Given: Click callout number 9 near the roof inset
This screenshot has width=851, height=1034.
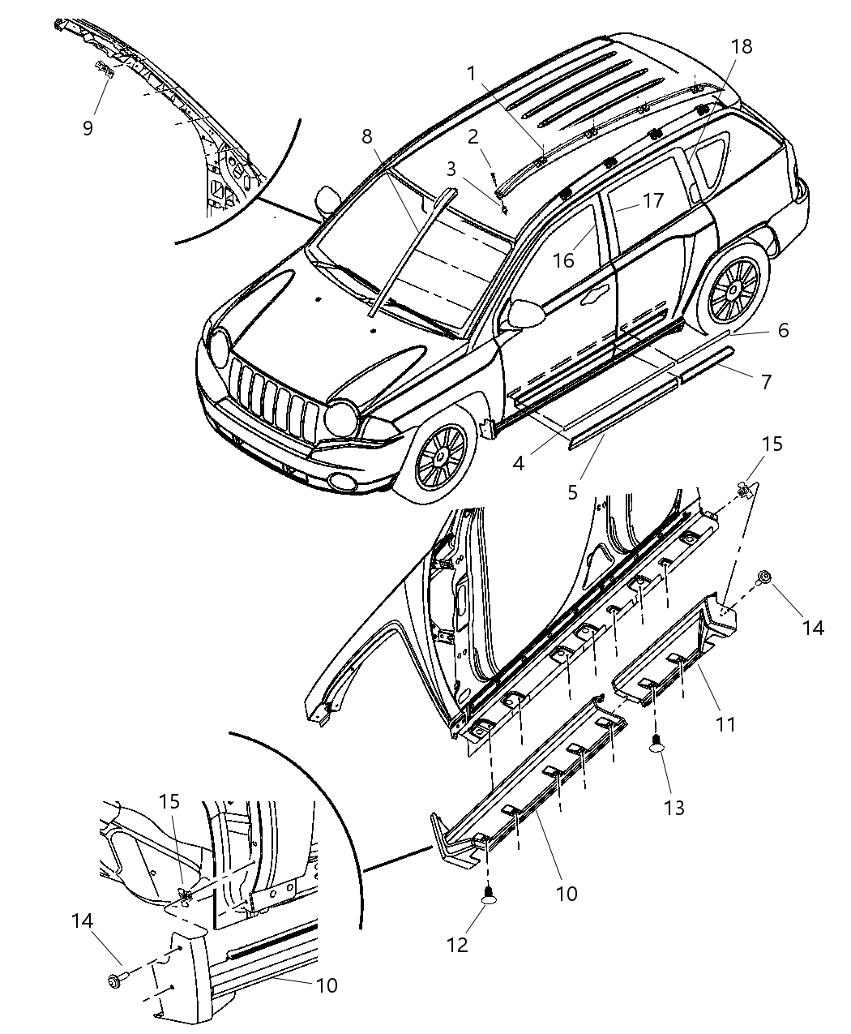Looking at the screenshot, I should [x=88, y=127].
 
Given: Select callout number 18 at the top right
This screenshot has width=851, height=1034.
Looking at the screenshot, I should [x=741, y=47].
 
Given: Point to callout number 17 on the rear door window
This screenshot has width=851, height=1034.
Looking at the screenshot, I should [x=653, y=200].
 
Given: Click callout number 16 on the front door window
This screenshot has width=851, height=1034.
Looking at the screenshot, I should [x=563, y=260].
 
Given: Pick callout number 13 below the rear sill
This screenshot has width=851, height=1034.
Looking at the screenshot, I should [x=674, y=807].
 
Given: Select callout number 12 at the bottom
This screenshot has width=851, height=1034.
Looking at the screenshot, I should [x=457, y=945].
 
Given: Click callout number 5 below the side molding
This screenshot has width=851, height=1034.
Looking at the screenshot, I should [x=573, y=492].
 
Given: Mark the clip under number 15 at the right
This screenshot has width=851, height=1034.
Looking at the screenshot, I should [x=745, y=490].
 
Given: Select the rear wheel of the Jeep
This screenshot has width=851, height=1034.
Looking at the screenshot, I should [x=734, y=288].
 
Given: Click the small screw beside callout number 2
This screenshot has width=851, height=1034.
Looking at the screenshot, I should [x=492, y=178].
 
